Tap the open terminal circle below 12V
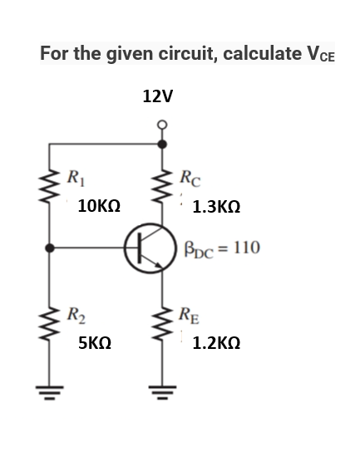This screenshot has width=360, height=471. point(162,126)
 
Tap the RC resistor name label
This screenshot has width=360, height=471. point(190,176)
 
